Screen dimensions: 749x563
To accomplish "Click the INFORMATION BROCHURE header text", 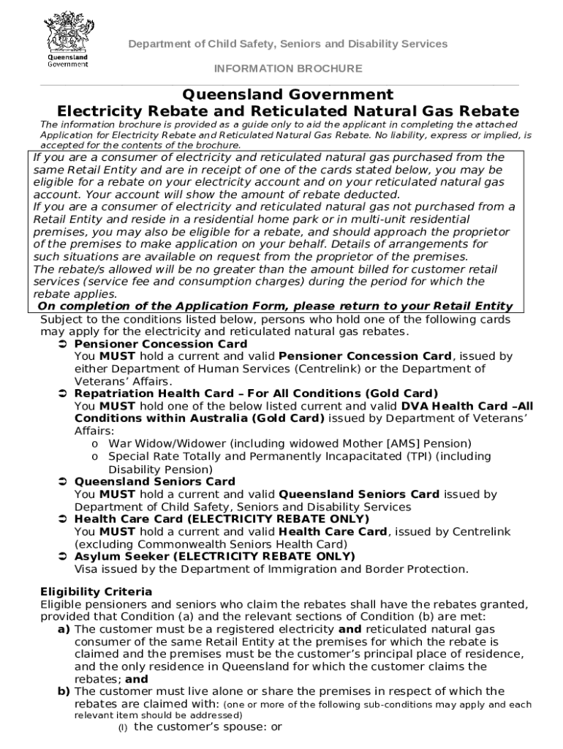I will [287, 69].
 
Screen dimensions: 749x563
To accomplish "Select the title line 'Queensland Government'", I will [287, 94].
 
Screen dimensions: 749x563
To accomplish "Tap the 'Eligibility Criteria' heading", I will [96, 591].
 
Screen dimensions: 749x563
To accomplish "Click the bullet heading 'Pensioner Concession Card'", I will [161, 344].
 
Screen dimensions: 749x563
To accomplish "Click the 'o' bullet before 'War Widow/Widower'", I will [94, 444].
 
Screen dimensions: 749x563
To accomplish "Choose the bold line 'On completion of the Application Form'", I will [275, 306].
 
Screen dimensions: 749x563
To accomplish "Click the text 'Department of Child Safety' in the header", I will [198, 44].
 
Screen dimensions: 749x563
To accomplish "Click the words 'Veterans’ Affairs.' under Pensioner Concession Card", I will [124, 381].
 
